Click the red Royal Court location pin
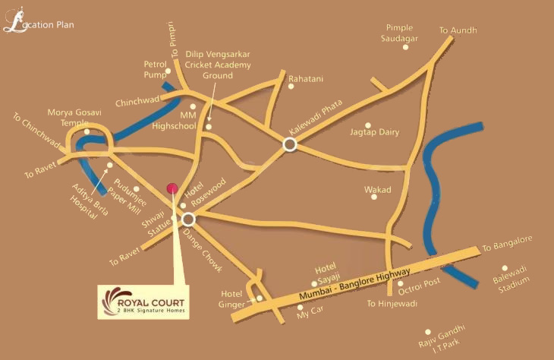click(x=172, y=188)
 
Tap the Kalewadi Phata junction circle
click(x=289, y=144)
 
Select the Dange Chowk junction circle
click(x=188, y=219)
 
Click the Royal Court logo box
click(x=144, y=302)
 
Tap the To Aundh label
click(x=458, y=31)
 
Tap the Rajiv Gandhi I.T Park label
click(x=445, y=342)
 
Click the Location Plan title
click(x=39, y=24)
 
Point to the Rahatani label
click(x=306, y=78)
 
